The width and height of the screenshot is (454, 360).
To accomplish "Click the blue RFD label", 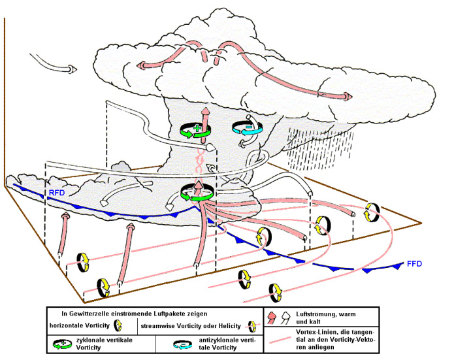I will (x=57, y=193).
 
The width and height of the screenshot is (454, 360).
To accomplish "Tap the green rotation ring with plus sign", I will (x=195, y=130).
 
